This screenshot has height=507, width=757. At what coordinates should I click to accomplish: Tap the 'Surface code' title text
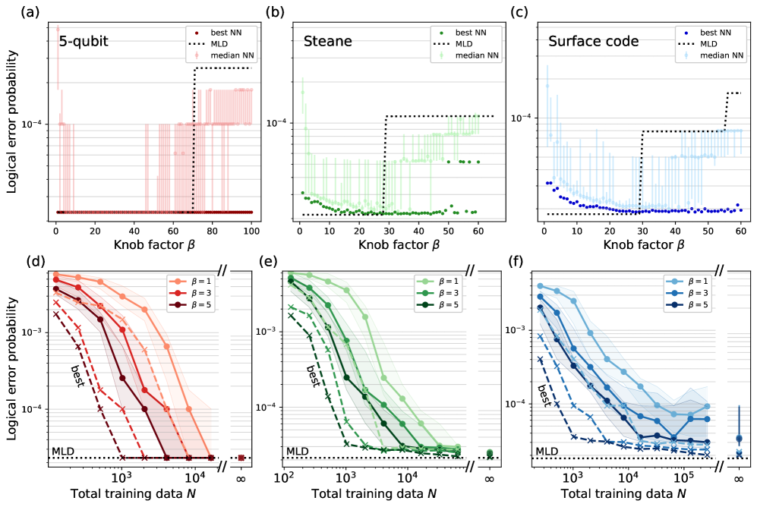coord(585,42)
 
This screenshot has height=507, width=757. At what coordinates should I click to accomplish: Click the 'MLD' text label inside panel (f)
coord(547,452)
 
